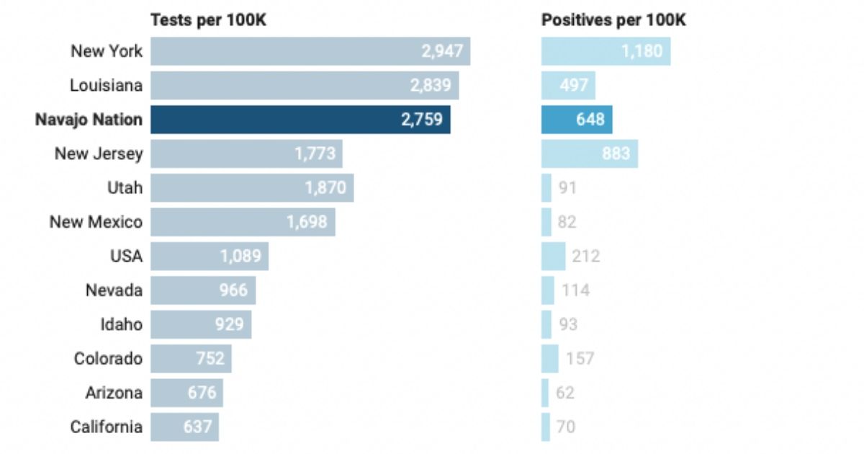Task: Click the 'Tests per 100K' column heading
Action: point(208,20)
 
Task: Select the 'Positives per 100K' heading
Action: point(613,20)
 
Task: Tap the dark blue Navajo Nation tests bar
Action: point(300,120)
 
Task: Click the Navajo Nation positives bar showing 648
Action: point(577,120)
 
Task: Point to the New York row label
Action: point(107,51)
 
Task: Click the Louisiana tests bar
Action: point(305,85)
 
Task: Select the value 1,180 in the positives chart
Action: point(642,51)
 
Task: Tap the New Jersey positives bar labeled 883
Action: point(589,153)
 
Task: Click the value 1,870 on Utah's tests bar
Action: point(325,188)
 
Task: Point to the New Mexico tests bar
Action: point(243,222)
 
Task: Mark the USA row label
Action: point(127,256)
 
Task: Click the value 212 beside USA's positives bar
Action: point(585,256)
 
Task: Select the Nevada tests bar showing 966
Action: point(203,290)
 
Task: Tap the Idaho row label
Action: point(121,324)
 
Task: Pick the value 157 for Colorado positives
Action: point(580,358)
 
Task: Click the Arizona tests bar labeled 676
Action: point(186,393)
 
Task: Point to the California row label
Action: point(107,427)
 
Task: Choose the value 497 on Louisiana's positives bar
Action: point(575,85)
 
